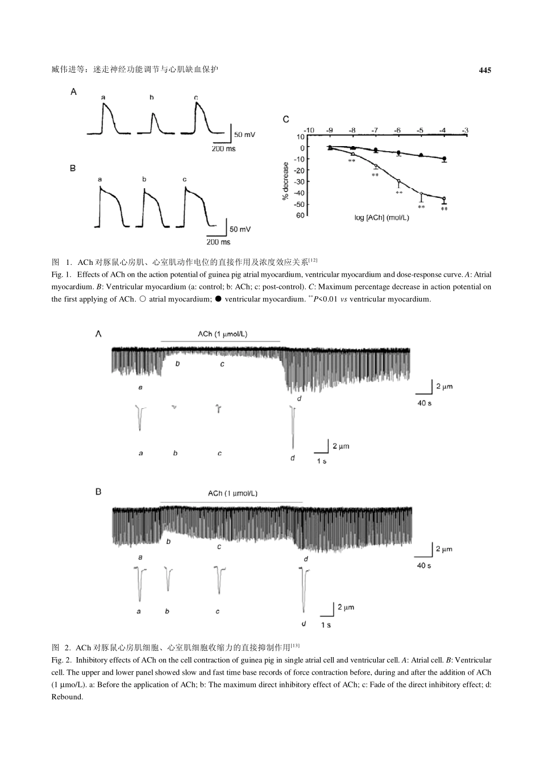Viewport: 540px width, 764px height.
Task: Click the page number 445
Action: pos(484,70)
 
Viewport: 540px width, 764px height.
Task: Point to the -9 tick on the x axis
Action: pos(330,130)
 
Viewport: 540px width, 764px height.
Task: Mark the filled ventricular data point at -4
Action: pos(444,159)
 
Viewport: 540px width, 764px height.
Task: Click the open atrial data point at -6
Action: pos(398,181)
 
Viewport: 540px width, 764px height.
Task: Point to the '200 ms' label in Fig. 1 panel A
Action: pos(224,148)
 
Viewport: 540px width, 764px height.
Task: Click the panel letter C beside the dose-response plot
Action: pos(286,119)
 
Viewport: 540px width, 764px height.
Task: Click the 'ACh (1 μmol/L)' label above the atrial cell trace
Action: pos(222,334)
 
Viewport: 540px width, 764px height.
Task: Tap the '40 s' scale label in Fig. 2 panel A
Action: pos(424,403)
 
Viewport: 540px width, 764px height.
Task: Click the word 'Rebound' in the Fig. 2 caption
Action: pos(67,697)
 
